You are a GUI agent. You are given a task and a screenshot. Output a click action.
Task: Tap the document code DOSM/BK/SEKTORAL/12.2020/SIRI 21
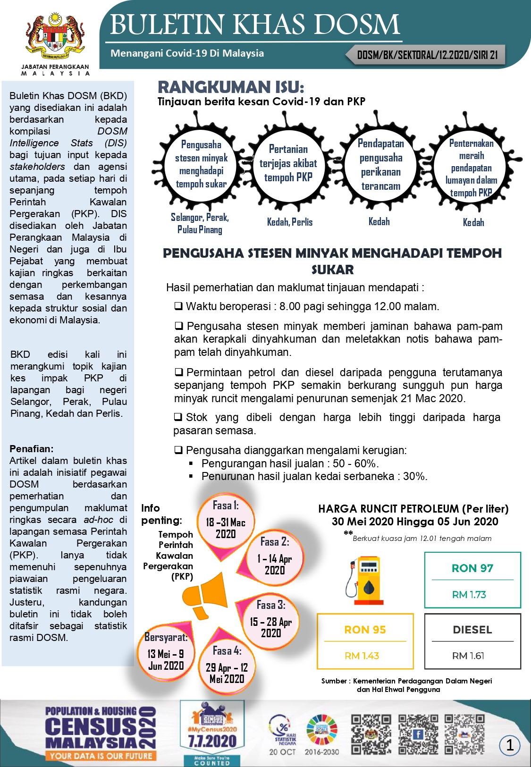[427, 55]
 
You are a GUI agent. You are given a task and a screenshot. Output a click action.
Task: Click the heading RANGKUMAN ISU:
[231, 87]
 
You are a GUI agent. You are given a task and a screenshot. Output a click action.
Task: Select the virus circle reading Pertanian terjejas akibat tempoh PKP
[288, 163]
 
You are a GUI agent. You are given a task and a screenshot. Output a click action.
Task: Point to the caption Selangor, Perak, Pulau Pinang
[200, 223]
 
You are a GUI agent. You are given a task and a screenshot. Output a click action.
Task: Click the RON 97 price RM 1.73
[469, 595]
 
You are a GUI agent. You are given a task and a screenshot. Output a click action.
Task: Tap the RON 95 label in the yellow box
[365, 630]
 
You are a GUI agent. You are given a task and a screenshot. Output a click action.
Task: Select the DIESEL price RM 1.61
[468, 656]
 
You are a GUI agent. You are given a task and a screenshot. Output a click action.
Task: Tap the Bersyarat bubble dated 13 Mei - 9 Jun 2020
[166, 652]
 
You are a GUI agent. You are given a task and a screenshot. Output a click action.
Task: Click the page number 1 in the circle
[510, 745]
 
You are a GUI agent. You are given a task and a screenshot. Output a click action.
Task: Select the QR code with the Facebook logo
[418, 734]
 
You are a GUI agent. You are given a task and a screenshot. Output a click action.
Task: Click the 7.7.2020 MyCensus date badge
[212, 741]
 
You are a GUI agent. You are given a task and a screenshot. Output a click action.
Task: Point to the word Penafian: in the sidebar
[32, 449]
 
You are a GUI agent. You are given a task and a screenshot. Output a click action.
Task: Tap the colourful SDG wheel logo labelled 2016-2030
[322, 730]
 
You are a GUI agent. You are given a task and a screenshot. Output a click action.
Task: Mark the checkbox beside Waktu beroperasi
[178, 306]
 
